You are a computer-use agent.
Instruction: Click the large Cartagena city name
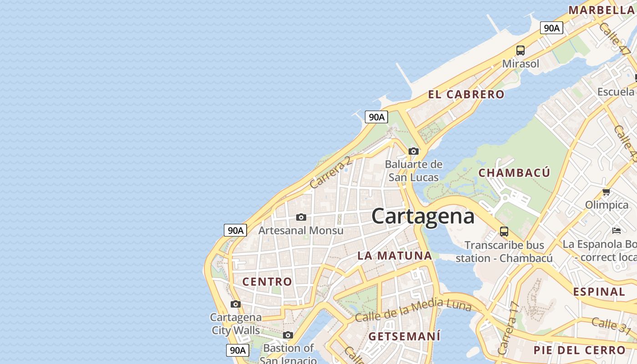coord(423,216)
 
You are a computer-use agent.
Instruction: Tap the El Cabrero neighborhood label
coord(466,95)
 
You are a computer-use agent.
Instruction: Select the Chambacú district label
coord(514,173)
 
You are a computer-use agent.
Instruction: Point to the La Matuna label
coord(394,255)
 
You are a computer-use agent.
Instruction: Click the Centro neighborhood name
coord(267,282)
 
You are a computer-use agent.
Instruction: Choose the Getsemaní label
coord(404,337)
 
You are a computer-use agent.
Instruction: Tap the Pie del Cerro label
coord(580,350)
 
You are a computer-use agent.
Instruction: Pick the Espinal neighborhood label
coord(599,292)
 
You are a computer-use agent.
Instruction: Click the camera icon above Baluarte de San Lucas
coord(413,151)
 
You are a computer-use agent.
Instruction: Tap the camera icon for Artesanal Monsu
coord(301,217)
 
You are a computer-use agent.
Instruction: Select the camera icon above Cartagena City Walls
coord(235,304)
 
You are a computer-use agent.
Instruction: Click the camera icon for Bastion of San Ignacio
coord(288,335)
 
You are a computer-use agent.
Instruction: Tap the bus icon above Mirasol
coord(521,51)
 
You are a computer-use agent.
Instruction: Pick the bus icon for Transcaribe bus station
coord(504,231)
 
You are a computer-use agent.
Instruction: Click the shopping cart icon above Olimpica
coord(606,192)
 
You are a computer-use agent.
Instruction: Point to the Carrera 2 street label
coord(330,173)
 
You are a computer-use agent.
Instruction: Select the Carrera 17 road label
coord(509,329)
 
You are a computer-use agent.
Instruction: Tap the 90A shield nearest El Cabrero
coord(376,117)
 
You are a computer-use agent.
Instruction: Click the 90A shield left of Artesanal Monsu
coord(235,230)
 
